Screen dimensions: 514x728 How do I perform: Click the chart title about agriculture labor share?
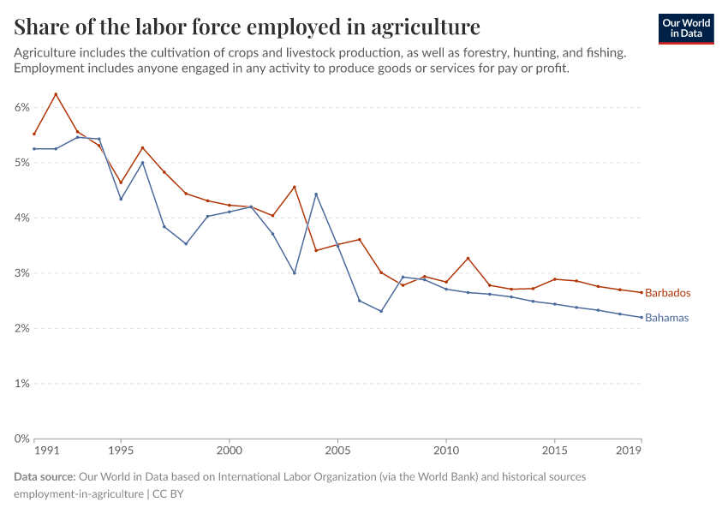[x=247, y=26]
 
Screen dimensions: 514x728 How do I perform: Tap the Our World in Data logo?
[x=685, y=28]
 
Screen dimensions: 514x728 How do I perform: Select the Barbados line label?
[x=667, y=293]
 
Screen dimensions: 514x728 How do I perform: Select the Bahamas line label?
[x=666, y=318]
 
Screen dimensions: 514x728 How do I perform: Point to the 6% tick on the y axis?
[x=21, y=107]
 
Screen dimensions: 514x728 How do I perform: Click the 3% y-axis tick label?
[x=21, y=273]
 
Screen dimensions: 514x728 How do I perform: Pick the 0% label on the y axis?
[x=21, y=439]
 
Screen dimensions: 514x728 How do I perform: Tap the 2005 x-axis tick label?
[x=337, y=450]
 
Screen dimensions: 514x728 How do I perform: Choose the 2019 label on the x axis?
[x=630, y=450]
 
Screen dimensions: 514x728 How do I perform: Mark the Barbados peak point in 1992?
[x=56, y=94]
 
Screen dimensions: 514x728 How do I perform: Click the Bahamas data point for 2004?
[x=316, y=194]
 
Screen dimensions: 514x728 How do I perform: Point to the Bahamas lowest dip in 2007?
[x=381, y=311]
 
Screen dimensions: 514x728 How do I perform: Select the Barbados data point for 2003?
[x=295, y=187]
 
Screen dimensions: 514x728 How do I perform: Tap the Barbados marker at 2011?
[x=468, y=258]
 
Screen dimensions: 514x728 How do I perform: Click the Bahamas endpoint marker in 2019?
[x=641, y=317]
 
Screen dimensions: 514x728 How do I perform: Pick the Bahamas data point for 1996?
[x=142, y=163]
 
